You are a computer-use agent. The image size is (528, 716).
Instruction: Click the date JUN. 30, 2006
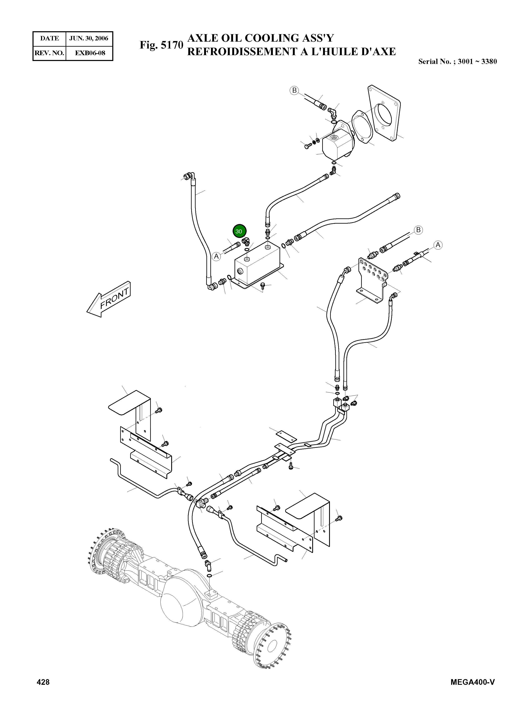89,38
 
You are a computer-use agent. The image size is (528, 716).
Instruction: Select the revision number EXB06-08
90,53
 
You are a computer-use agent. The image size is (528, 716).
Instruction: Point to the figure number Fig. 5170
161,45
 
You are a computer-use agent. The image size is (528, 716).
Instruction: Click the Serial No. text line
457,61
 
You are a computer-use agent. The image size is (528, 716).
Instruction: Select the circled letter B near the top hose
294,90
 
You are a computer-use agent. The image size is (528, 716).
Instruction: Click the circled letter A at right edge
438,245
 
